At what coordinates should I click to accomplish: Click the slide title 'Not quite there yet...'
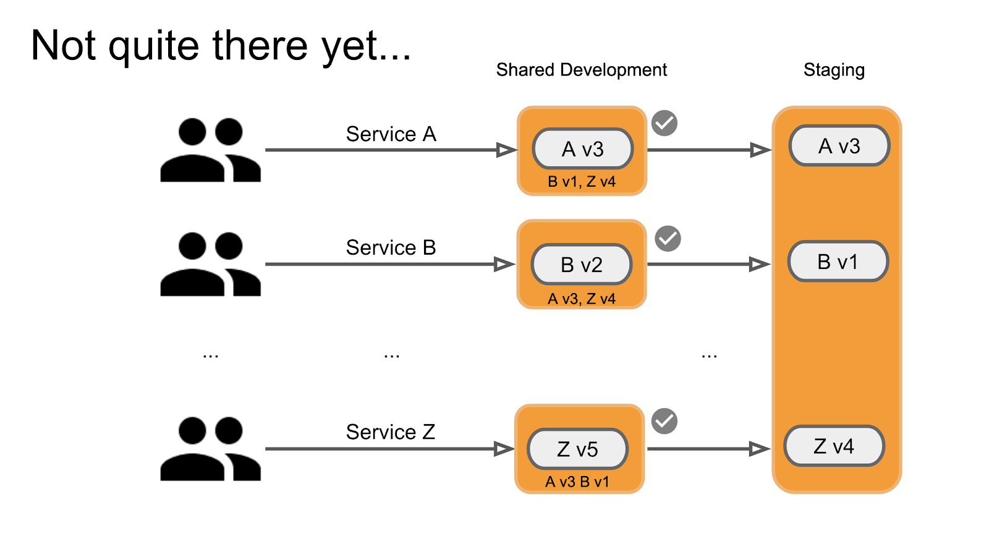coord(221,46)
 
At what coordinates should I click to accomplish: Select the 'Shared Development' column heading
coord(581,70)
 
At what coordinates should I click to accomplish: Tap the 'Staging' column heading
coord(833,70)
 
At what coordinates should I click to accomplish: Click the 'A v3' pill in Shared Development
coord(582,149)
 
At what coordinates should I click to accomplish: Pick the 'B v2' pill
coord(581,265)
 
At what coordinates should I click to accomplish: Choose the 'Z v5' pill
coord(577,449)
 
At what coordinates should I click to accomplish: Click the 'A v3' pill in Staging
coord(839,146)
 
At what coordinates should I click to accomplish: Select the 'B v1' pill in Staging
coord(838,262)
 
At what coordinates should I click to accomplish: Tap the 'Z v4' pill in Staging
coord(834,446)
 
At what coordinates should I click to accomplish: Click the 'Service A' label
coord(391,134)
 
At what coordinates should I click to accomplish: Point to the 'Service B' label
coord(391,248)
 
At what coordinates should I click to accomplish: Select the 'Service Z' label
coord(390,432)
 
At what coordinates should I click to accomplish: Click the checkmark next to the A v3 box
coord(664,123)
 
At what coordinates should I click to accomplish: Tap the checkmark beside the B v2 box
coord(668,238)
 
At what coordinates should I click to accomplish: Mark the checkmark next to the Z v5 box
coord(664,421)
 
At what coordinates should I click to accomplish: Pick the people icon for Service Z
coord(210,449)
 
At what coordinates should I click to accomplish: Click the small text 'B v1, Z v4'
coord(582,182)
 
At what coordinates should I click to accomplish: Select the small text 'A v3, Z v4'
coord(582,299)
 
